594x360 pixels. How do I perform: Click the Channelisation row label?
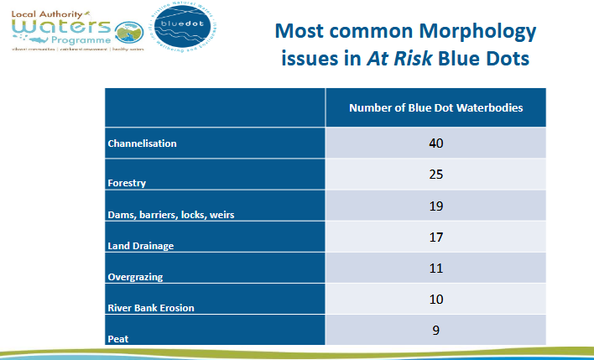142,143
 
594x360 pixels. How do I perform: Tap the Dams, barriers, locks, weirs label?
171,214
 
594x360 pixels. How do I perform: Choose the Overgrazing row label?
137,276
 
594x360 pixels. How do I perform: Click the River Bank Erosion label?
151,308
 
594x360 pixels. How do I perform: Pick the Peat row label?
117,338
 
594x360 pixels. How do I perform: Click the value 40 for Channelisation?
435,143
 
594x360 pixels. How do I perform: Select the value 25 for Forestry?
435,175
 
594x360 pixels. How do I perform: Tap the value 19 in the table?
435,206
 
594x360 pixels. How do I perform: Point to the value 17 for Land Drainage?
435,237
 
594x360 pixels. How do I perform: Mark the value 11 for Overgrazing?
435,269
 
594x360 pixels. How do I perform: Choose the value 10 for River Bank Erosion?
435,300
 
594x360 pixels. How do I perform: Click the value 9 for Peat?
435,330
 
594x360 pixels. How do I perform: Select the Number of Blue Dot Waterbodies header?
435,108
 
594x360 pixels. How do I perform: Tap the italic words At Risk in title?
391,60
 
